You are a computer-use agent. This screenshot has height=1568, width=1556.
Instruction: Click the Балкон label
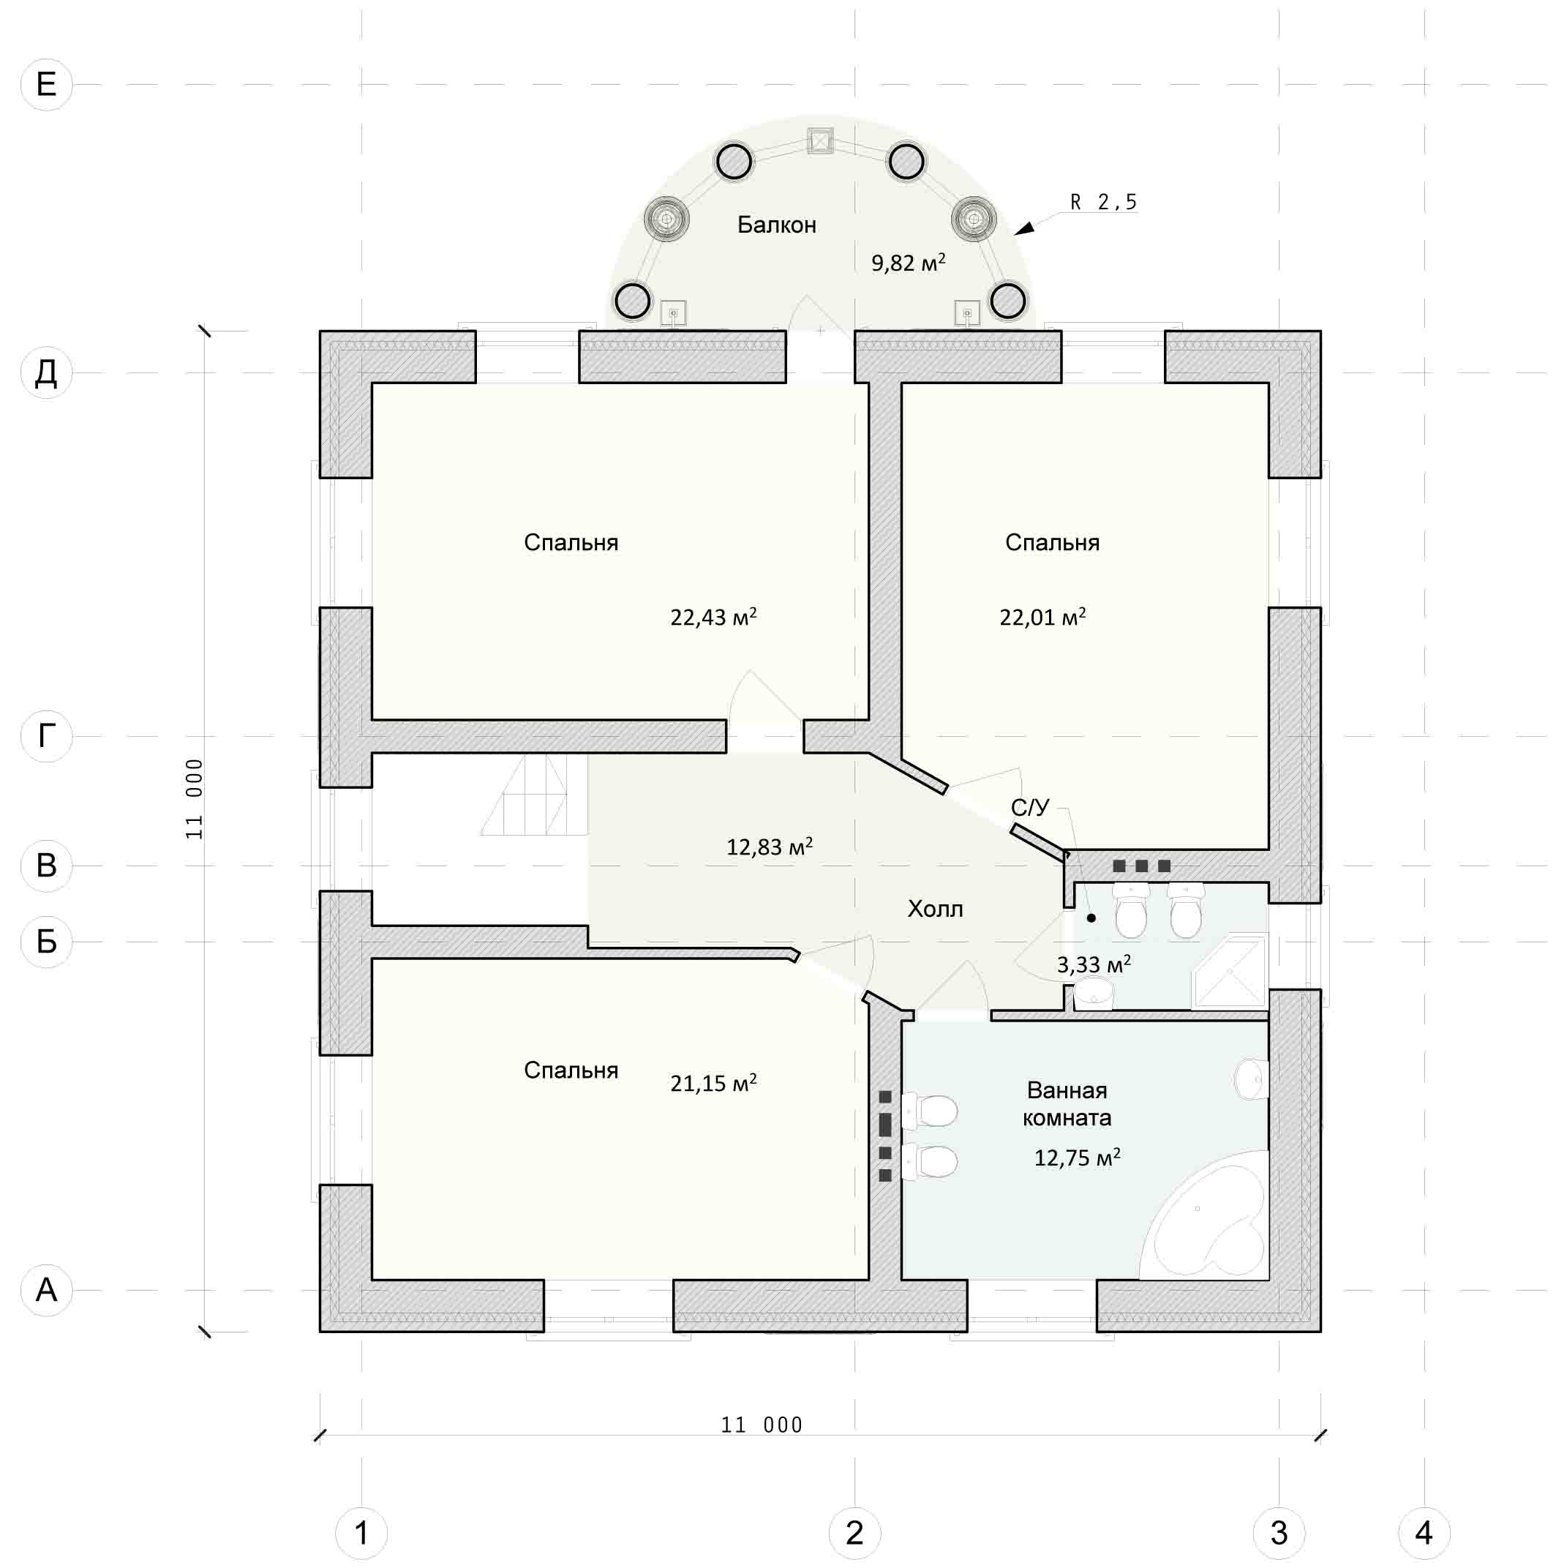776,225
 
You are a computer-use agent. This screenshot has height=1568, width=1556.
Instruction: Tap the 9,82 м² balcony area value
908,262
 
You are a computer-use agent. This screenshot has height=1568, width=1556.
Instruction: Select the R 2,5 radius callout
1103,202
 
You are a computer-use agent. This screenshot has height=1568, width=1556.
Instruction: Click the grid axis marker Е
46,84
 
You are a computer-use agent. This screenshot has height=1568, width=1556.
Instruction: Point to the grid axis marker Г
46,735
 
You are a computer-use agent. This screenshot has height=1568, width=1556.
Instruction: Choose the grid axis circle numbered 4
1424,1532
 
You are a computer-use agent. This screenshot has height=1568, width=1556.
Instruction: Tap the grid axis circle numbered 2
854,1532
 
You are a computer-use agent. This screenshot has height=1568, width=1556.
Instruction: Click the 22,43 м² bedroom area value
713,617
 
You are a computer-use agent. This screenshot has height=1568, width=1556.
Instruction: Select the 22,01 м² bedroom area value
1042,617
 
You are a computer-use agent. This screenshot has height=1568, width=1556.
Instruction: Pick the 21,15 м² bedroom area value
713,1083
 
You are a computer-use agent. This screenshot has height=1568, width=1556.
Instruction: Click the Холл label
935,909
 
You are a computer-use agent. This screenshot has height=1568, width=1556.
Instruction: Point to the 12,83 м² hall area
769,847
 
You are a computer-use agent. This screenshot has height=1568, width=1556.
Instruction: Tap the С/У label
1029,807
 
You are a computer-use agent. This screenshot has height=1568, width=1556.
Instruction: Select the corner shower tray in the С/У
1229,971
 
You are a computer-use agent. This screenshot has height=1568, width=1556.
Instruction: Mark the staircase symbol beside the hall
534,795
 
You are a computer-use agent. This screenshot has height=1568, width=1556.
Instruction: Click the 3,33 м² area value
1094,964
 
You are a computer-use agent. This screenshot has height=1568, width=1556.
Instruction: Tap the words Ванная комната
1067,1104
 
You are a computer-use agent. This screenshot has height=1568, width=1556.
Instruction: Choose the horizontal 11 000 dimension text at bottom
762,1425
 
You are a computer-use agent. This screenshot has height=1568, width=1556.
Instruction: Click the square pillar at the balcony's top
820,141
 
